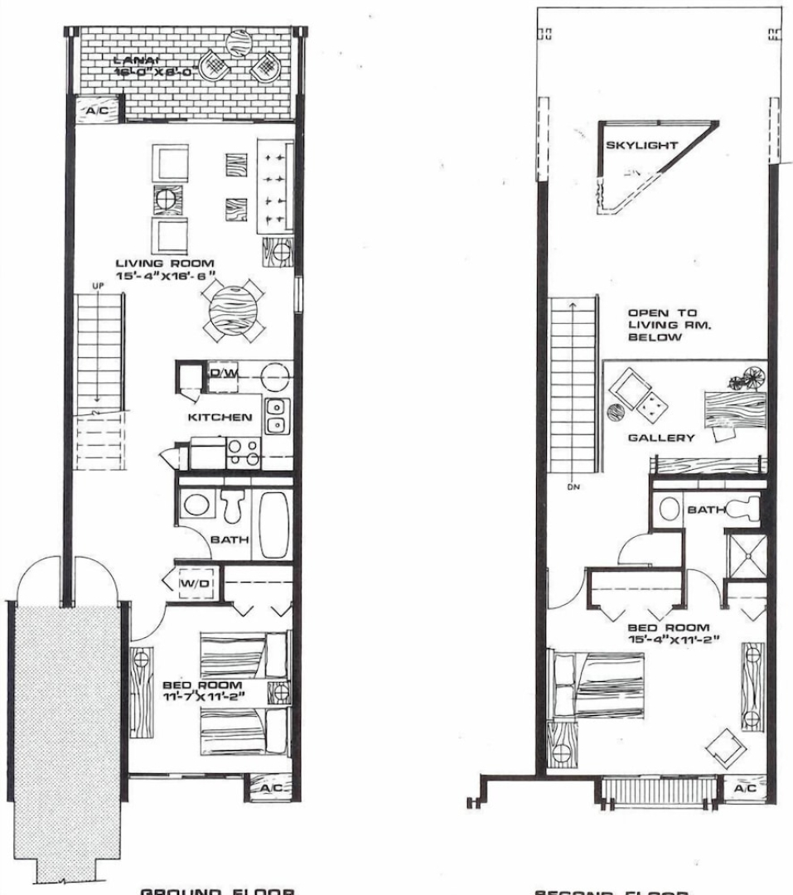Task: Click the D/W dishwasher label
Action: (223, 374)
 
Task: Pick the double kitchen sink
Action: (277, 416)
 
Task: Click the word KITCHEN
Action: (220, 418)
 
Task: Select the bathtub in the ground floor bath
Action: (273, 525)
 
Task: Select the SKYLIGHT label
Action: (642, 145)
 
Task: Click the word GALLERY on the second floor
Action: (660, 438)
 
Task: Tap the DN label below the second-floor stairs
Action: (573, 486)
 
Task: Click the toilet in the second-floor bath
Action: (742, 509)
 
